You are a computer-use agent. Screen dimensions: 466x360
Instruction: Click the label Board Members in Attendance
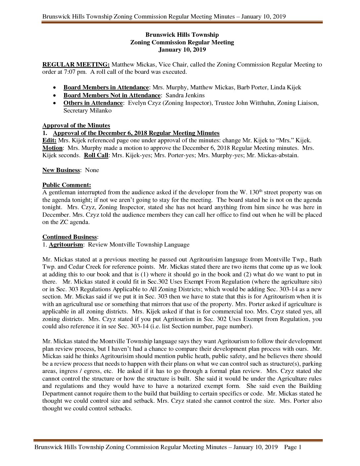click(106, 88)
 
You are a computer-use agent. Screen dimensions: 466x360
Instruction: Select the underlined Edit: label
click(49, 140)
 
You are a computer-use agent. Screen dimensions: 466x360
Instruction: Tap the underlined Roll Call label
click(96, 155)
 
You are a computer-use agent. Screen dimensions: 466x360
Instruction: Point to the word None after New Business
click(92, 170)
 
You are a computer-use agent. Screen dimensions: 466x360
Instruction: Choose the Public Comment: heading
click(67, 185)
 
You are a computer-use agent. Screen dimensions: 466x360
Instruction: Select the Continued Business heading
click(69, 237)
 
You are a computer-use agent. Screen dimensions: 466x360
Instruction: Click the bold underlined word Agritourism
click(66, 245)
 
